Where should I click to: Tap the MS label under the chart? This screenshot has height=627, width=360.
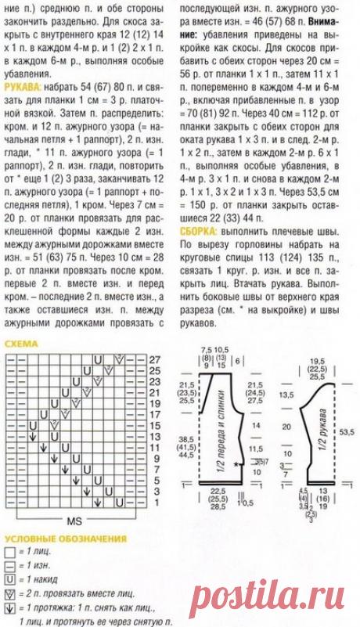pos(75,521)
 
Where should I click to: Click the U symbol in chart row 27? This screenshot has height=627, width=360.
pos(98,359)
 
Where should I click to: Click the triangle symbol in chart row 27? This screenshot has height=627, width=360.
pos(120,359)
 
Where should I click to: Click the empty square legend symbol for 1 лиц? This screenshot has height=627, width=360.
pos(9,553)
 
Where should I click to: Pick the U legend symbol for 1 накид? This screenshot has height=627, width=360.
pos(9,579)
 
